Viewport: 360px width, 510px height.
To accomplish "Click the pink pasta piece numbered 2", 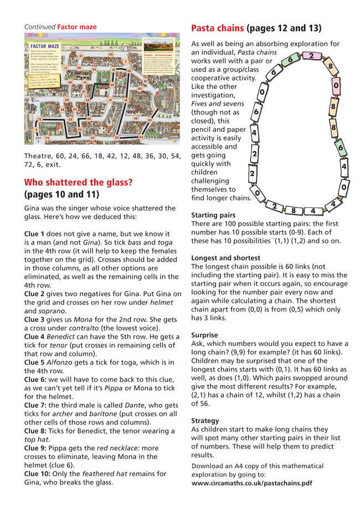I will (312, 56).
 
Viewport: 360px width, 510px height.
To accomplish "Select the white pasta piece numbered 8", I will (294, 211).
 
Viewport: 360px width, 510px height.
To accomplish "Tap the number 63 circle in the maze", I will (111, 54).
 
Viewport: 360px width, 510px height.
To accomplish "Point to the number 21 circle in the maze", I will (81, 56).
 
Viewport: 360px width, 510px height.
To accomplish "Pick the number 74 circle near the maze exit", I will (47, 137).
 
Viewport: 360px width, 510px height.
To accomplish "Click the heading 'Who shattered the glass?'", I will (79, 182).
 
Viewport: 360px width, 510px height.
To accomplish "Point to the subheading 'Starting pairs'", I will (213, 215).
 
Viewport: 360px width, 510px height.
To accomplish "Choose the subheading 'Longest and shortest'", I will (225, 258).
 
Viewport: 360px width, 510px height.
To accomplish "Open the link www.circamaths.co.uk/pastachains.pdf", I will (251, 483).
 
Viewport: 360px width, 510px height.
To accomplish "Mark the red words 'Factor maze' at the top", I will (77, 26).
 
